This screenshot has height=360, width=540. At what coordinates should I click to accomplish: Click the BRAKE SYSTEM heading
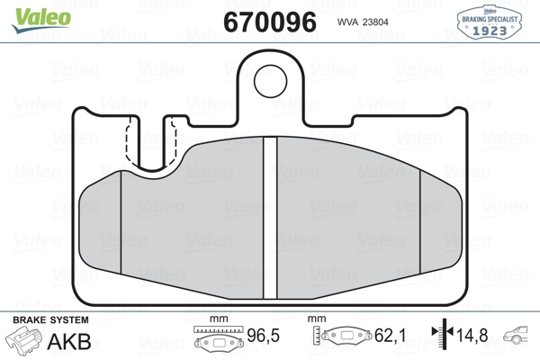tap(50, 320)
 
